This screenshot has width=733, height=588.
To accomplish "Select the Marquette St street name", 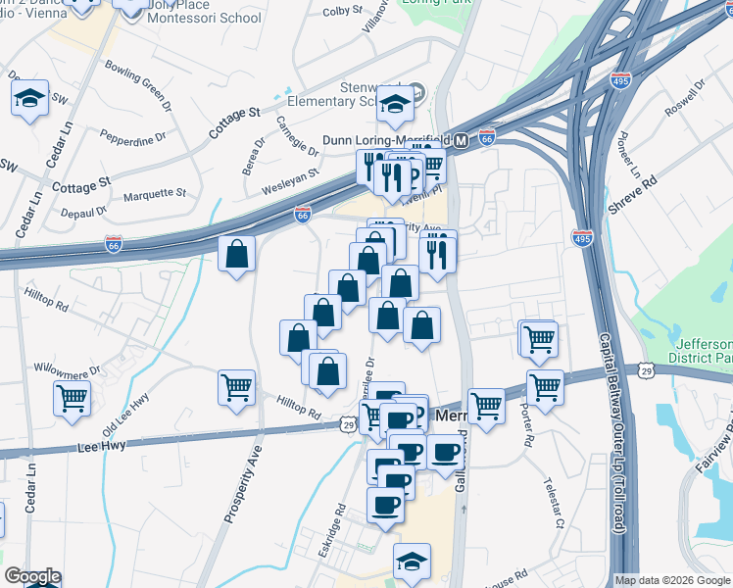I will [x=155, y=193].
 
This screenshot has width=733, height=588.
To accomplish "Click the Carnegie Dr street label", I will [x=298, y=138].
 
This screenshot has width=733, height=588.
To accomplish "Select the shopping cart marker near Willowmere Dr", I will [x=72, y=399].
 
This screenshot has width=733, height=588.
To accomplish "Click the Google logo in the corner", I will [x=31, y=576].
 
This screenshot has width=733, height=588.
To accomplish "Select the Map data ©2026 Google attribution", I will [x=672, y=580].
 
